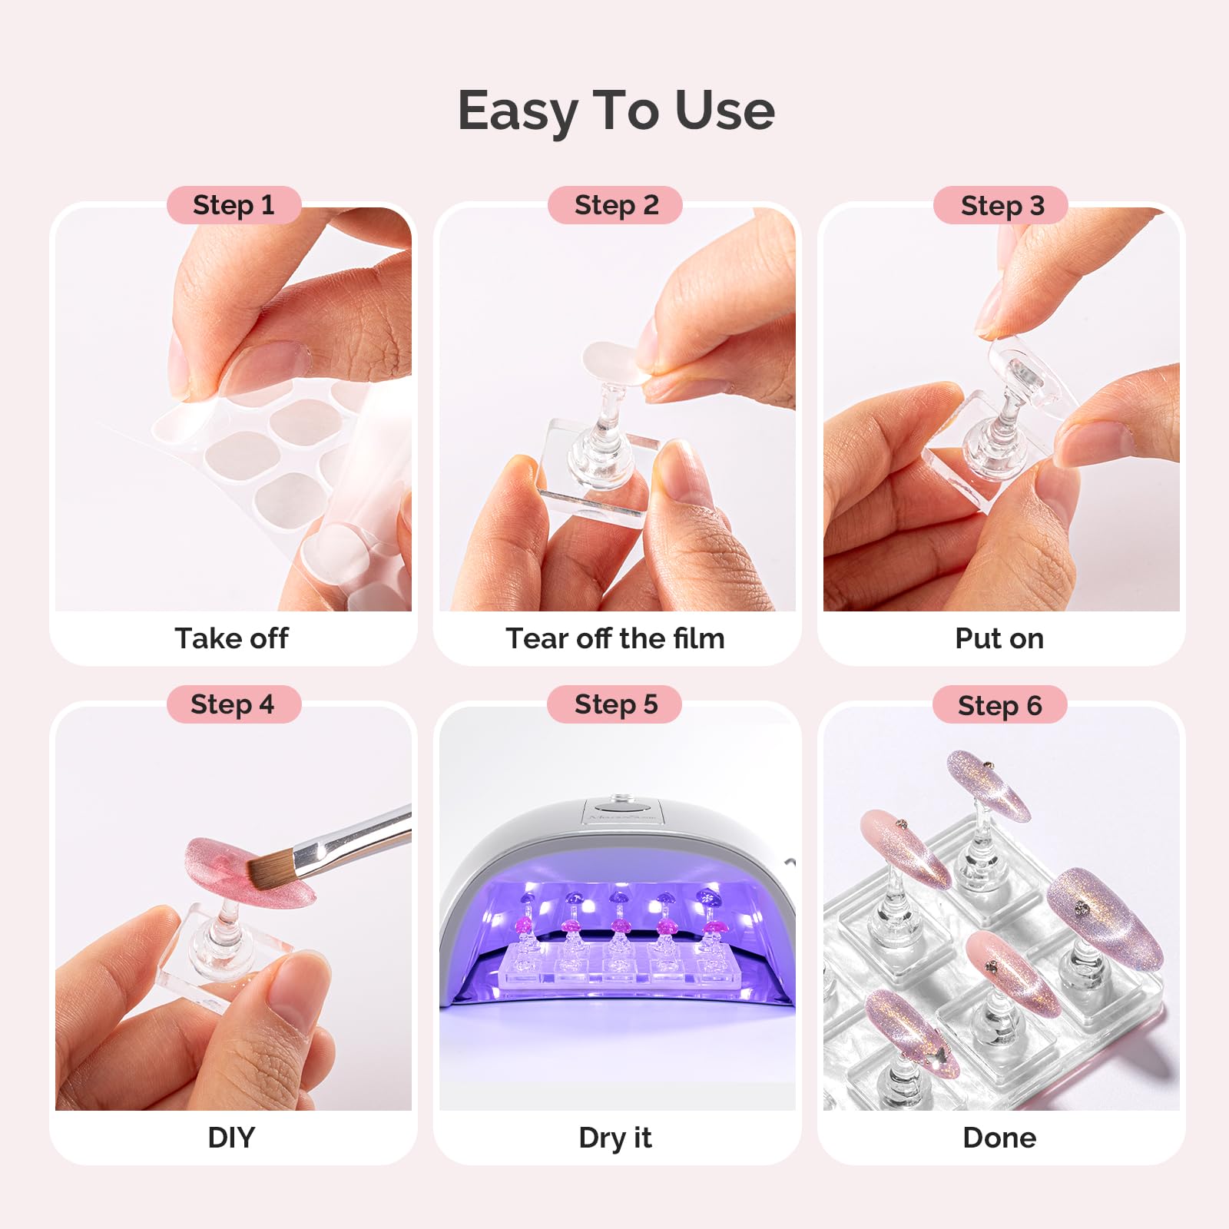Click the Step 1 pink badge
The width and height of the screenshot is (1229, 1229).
[x=234, y=205]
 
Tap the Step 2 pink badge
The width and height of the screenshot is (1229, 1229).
[x=616, y=205]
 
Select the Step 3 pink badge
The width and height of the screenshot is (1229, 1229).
[x=1002, y=205]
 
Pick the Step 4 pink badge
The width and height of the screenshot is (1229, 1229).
[x=234, y=704]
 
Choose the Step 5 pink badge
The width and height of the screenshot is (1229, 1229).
[x=615, y=704]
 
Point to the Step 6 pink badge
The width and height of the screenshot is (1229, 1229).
[x=1000, y=704]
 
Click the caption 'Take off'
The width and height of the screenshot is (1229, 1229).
[x=232, y=638]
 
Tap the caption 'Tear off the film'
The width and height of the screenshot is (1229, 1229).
[x=615, y=638]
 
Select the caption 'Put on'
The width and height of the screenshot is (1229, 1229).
[x=999, y=638]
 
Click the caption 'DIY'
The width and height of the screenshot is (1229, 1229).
[x=231, y=1138]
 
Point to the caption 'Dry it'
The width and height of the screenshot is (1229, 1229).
[x=615, y=1138]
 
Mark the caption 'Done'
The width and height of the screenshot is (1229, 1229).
[x=999, y=1138]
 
